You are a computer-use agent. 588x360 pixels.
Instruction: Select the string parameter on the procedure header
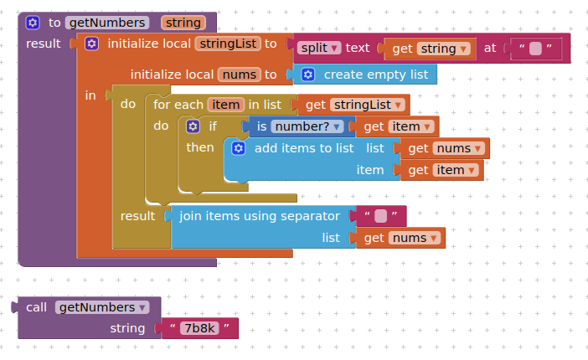[183, 23]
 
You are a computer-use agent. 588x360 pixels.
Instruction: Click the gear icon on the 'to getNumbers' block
[33, 23]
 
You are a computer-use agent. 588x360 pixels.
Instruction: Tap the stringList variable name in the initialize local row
[228, 44]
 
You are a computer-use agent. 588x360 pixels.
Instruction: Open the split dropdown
[318, 49]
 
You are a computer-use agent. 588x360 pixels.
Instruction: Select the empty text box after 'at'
[535, 49]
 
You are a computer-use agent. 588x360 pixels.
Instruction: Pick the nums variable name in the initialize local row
[239, 75]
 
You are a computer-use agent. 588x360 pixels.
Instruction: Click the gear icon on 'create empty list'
[307, 75]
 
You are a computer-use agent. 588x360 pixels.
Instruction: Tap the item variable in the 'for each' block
[226, 105]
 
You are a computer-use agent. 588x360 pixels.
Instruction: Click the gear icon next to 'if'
[193, 126]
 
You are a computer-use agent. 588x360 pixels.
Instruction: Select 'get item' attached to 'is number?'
[397, 126]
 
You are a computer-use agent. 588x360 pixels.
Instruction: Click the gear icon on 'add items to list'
[238, 148]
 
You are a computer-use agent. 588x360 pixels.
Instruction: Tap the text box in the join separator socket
[381, 216]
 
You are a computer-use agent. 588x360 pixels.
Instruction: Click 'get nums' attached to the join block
[400, 239]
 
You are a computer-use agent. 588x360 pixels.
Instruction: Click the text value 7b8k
[199, 329]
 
